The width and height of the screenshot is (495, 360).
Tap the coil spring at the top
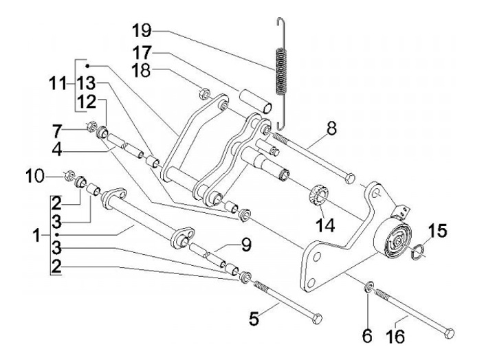[x=280, y=69]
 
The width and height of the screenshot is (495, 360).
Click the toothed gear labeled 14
[x=317, y=194]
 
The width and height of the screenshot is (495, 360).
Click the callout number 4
[x=77, y=147]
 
